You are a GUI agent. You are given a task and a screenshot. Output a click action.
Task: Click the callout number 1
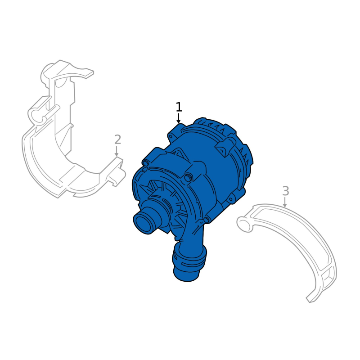point(179,107)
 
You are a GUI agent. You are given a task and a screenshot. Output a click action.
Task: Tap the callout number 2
point(117,139)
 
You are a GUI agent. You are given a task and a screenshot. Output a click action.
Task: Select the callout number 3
point(285,191)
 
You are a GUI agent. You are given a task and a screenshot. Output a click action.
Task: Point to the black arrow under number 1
point(178,118)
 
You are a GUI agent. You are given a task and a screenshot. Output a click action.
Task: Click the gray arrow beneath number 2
point(117,151)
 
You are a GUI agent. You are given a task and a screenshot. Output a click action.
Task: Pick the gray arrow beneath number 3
point(285,202)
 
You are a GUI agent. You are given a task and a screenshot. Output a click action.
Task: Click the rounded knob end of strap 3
point(244,223)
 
